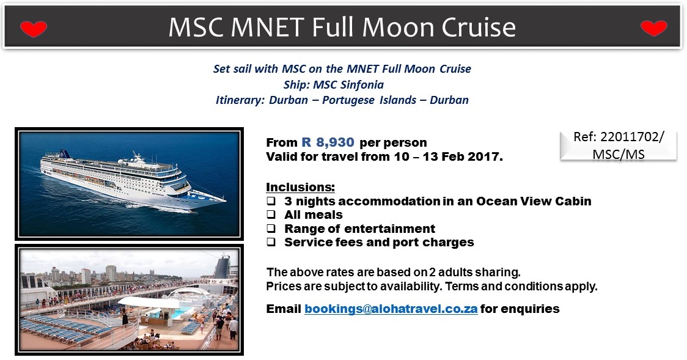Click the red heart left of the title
pos(33,29)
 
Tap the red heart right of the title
pos(654,28)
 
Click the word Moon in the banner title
pos(398,27)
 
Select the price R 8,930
pos(328,142)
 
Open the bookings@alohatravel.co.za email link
pos(391,309)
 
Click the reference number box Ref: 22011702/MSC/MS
pos(618,145)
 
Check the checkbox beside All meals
pos(271,215)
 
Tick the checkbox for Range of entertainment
pos(271,228)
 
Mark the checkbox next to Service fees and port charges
pos(271,242)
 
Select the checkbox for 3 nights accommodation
pos(271,201)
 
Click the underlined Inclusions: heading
pos(300,187)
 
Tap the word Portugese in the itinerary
pos(349,100)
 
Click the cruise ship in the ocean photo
pos(131,180)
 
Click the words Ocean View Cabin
pos(534,201)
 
